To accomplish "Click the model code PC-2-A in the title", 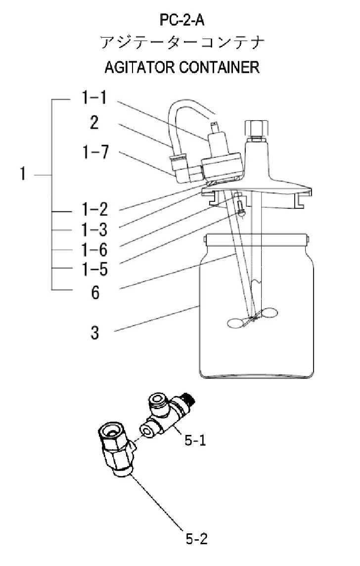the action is coord(182,20).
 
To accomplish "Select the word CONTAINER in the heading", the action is coord(220,67).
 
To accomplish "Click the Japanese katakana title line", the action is coord(182,43).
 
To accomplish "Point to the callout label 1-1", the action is coord(94,97).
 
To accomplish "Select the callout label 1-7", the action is coord(95,152).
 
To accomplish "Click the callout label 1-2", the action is coord(94,209).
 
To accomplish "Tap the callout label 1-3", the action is coord(94,230).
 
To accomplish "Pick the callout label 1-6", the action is coord(94,250).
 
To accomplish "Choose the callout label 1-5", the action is coord(94,269).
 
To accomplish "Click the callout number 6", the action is coord(95,292).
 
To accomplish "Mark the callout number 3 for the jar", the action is coord(94,333).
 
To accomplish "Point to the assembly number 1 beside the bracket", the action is coord(23,174).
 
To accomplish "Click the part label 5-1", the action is coord(195,440).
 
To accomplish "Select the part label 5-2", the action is coord(197,539).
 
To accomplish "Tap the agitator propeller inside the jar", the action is coord(253,318).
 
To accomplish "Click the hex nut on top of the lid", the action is coord(256,129).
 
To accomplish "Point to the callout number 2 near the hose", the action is coord(94,123).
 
